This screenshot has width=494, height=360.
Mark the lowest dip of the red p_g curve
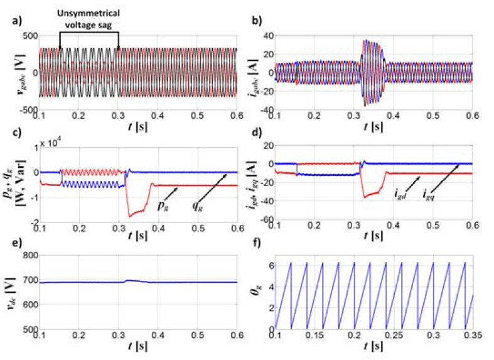pos(131,216)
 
